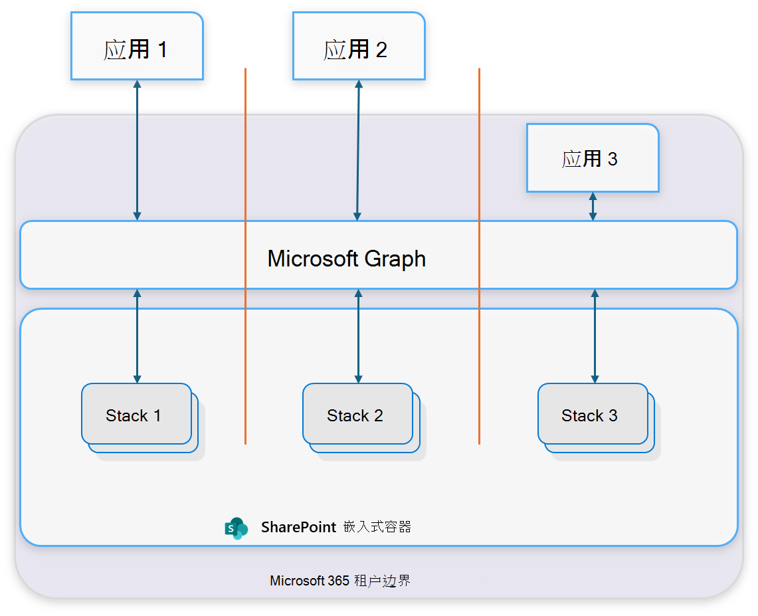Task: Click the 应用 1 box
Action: pos(137,47)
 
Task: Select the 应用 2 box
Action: pos(359,47)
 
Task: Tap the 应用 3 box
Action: pos(592,158)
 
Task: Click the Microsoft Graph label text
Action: pos(346,258)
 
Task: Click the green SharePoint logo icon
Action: pos(236,528)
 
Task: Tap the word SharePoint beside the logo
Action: pos(298,527)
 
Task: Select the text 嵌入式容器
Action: pos(377,527)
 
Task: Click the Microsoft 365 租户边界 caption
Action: pos(340,580)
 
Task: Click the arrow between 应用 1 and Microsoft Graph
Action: pos(137,150)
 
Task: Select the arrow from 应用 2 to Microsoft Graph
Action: pos(358,150)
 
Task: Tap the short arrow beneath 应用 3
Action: pos(593,206)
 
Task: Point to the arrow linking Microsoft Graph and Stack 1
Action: pos(137,336)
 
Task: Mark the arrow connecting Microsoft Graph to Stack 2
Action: pos(358,336)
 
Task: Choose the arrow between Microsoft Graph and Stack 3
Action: pos(595,336)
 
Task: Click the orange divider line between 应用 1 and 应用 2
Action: pos(245,166)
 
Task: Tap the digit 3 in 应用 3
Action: pos(613,159)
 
